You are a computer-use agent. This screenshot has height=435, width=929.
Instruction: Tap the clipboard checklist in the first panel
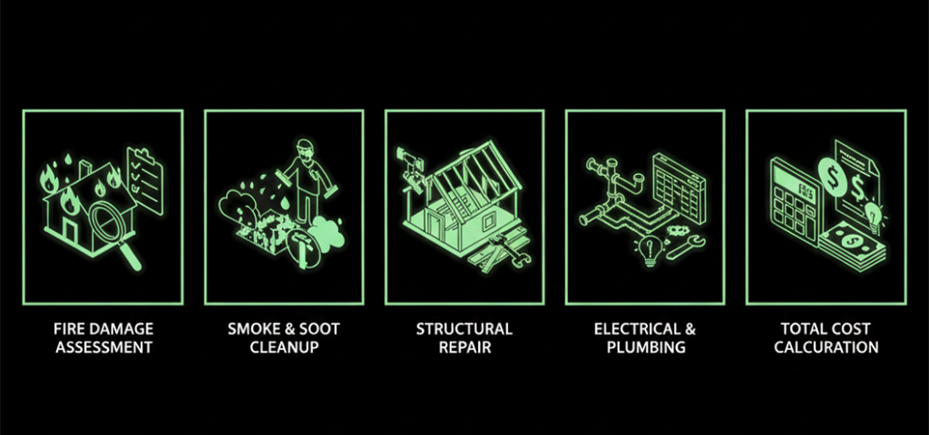coord(145,181)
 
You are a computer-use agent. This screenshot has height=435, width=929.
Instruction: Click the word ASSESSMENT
coord(103,347)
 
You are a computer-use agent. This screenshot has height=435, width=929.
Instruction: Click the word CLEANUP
coord(284,347)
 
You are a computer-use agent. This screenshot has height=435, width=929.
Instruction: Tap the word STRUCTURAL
coord(464,329)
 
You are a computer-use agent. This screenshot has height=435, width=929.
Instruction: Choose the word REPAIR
coord(464,347)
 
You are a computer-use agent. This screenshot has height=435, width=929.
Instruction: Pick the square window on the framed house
coord(489,221)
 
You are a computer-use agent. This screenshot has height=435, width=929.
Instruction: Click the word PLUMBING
coord(646,347)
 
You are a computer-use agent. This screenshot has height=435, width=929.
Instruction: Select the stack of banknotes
coord(854,246)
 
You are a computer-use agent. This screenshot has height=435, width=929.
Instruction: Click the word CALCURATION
coord(826,347)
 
